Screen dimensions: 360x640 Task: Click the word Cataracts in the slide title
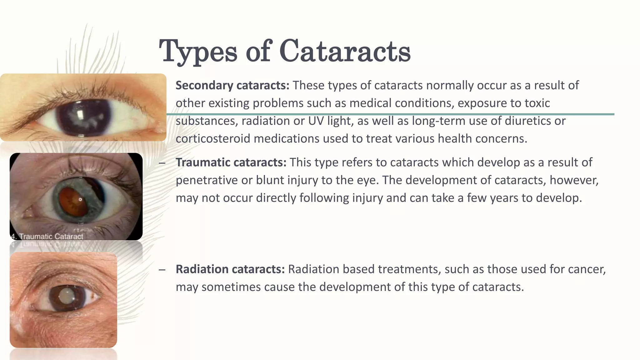click(345, 51)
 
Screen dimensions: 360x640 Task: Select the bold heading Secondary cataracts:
click(232, 85)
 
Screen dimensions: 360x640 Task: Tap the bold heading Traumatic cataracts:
click(231, 162)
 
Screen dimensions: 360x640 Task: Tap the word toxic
click(537, 103)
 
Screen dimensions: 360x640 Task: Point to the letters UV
click(316, 121)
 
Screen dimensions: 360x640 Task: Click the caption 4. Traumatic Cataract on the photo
click(47, 237)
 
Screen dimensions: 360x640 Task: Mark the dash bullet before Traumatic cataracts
click(162, 163)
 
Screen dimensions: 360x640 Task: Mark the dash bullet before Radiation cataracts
click(162, 269)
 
